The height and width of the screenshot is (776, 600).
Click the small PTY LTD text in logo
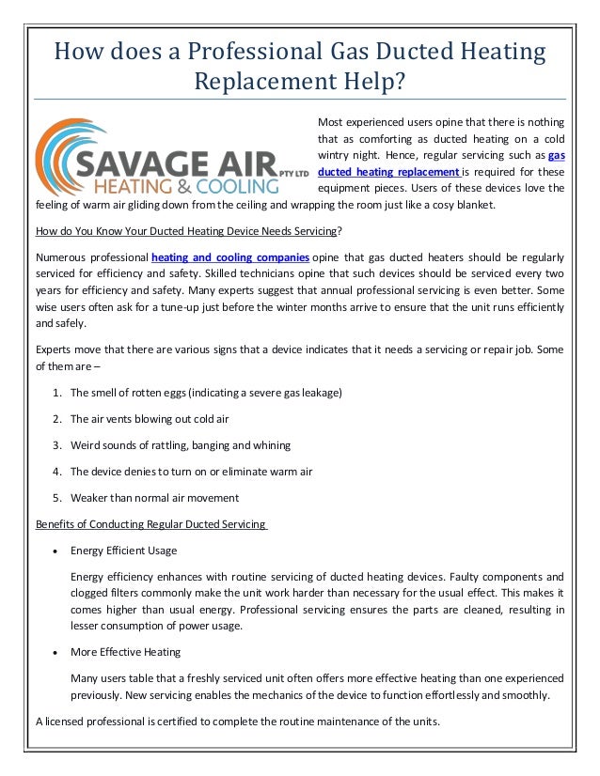(x=294, y=173)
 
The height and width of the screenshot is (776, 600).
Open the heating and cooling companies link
(x=230, y=256)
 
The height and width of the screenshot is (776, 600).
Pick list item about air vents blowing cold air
(x=150, y=418)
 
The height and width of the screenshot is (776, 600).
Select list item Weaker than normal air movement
(x=154, y=497)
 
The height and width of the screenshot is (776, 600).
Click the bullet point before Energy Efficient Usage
(x=59, y=551)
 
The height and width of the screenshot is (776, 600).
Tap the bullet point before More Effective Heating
(x=59, y=652)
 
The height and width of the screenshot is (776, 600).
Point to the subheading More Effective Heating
(x=125, y=651)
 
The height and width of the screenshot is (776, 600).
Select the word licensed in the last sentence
(x=65, y=721)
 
